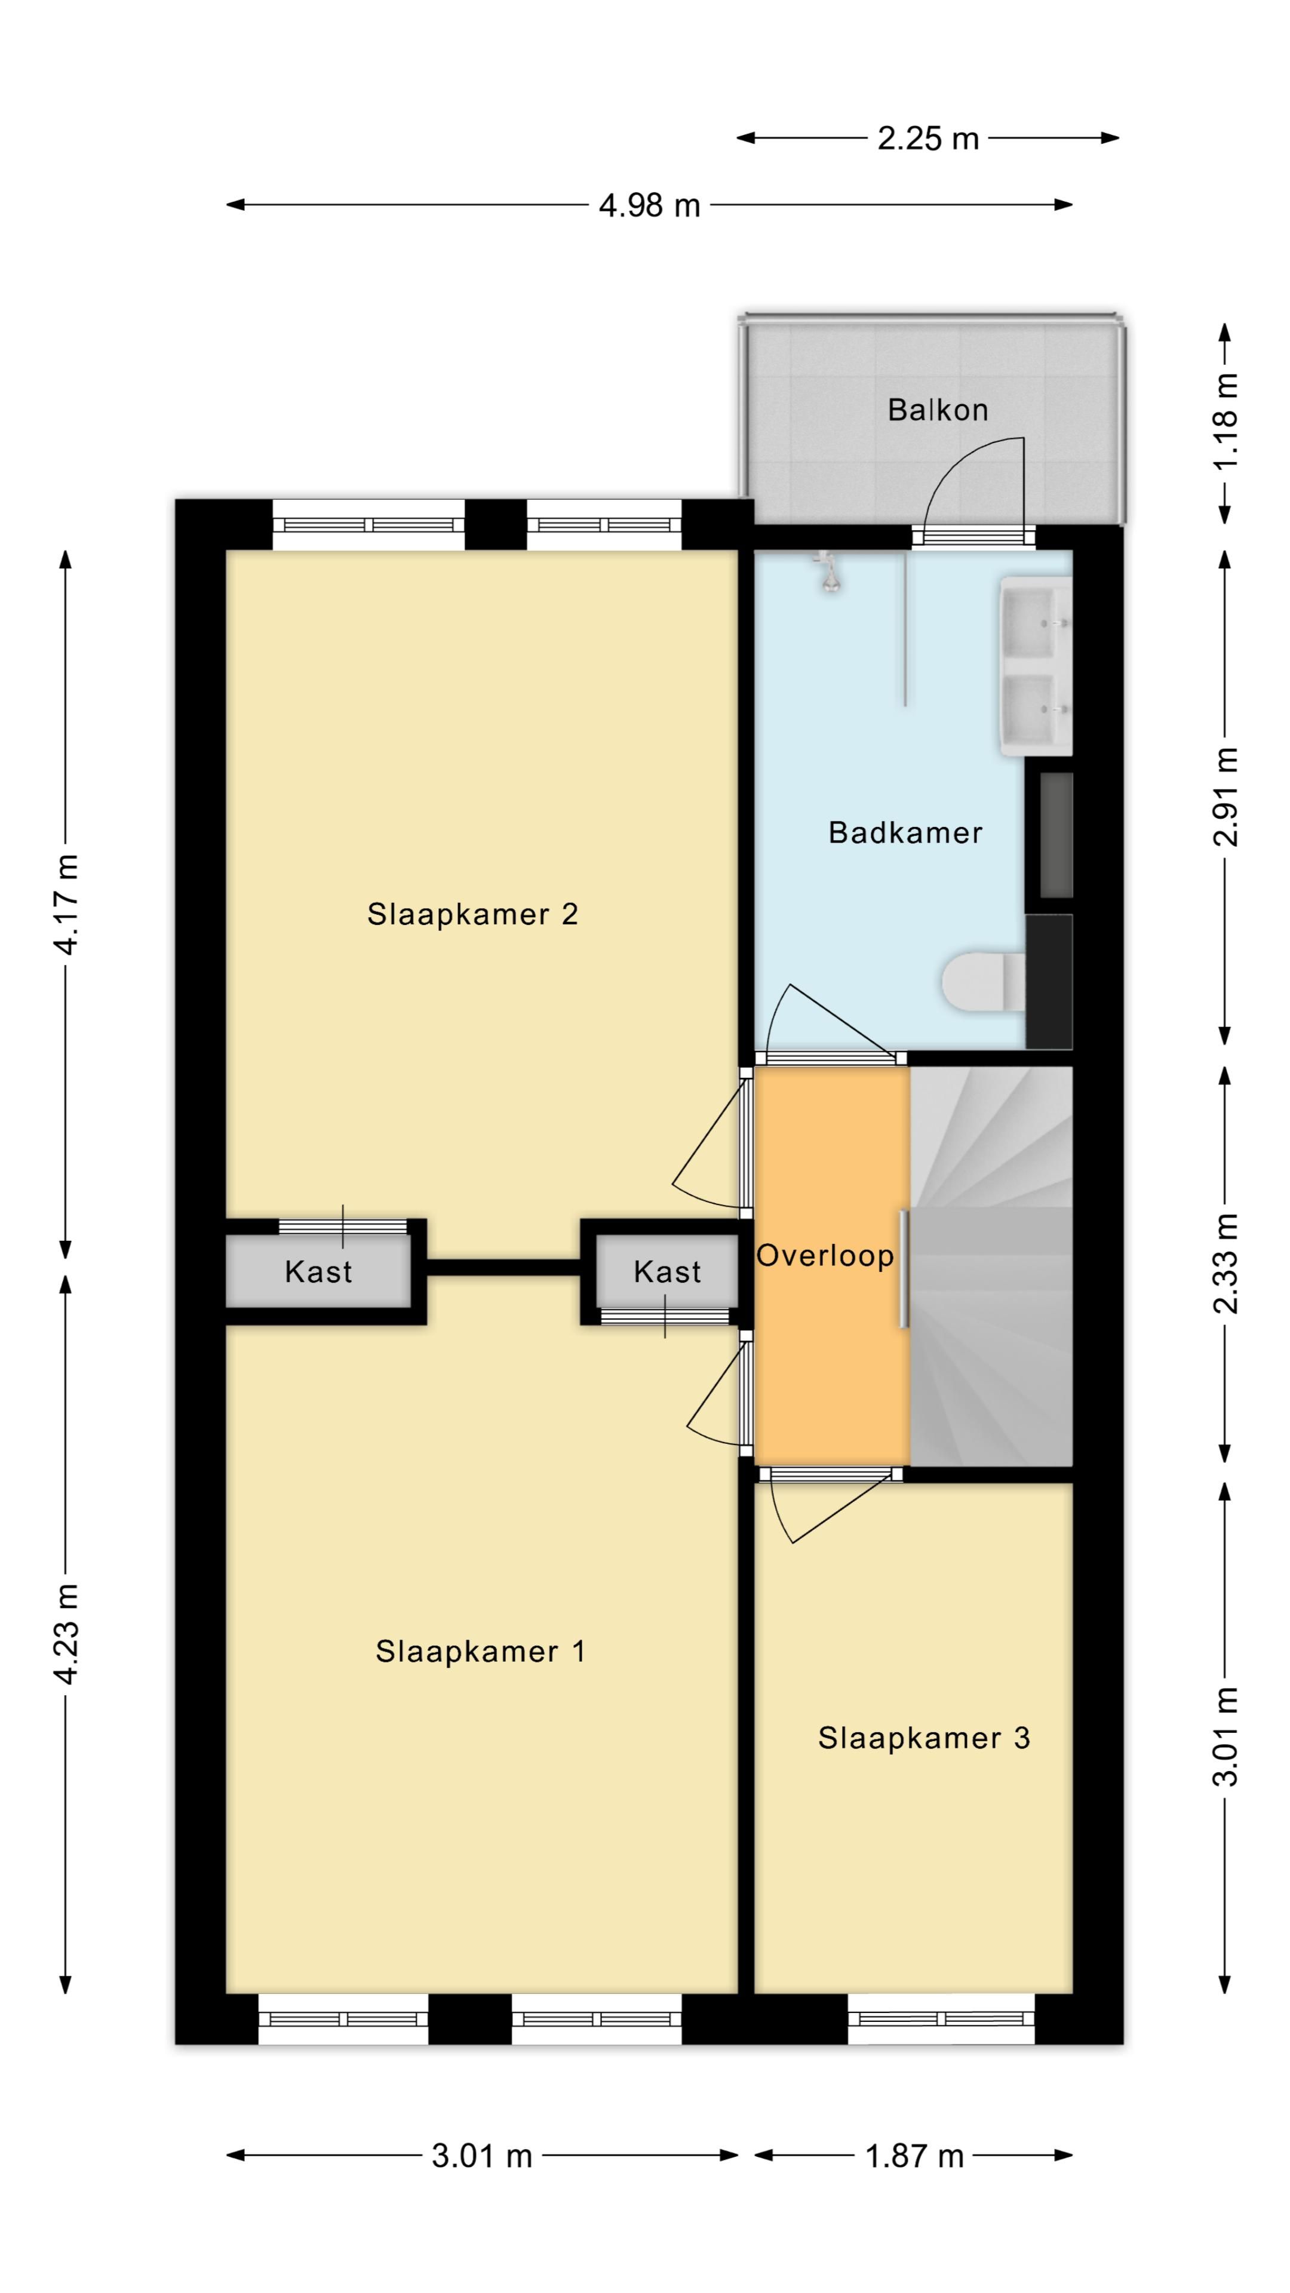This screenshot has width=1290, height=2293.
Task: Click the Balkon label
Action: [x=938, y=410]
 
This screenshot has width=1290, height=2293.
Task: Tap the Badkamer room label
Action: [x=905, y=832]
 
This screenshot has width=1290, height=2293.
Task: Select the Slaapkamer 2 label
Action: [x=473, y=914]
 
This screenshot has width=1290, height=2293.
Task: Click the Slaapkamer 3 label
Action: [x=924, y=1738]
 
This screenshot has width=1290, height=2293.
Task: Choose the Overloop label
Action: [x=825, y=1256]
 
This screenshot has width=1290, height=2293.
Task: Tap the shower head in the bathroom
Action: [x=830, y=573]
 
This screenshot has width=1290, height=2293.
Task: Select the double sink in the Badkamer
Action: [x=1036, y=666]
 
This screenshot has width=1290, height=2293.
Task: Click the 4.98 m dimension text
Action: [x=649, y=205]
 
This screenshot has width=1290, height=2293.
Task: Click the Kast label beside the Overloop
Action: [x=667, y=1272]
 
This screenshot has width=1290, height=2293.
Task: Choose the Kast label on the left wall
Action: [x=318, y=1272]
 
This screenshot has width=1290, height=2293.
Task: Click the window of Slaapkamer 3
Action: [x=941, y=2019]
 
